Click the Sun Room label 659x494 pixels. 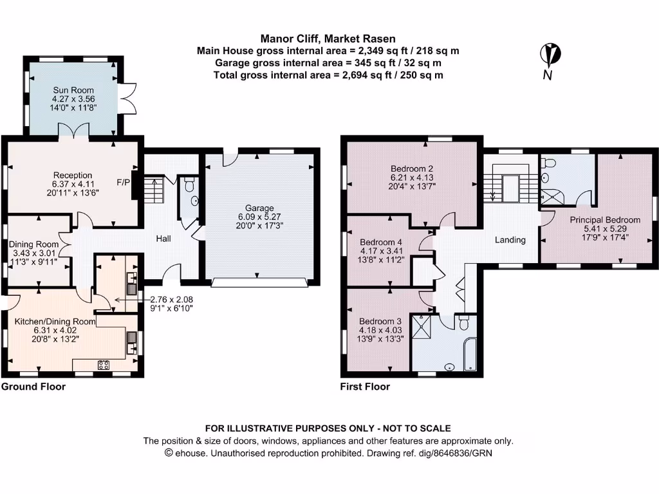73,90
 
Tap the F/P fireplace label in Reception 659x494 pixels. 122,181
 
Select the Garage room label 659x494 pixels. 259,208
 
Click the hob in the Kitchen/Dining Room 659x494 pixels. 103,365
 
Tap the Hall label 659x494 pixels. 163,239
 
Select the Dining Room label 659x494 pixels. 34,244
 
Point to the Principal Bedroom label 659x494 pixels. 605,219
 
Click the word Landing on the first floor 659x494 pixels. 510,240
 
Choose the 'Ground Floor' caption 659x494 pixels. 33,387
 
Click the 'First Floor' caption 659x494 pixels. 365,387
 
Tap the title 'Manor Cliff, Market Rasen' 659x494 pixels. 328,39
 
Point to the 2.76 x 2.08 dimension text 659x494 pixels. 171,299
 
